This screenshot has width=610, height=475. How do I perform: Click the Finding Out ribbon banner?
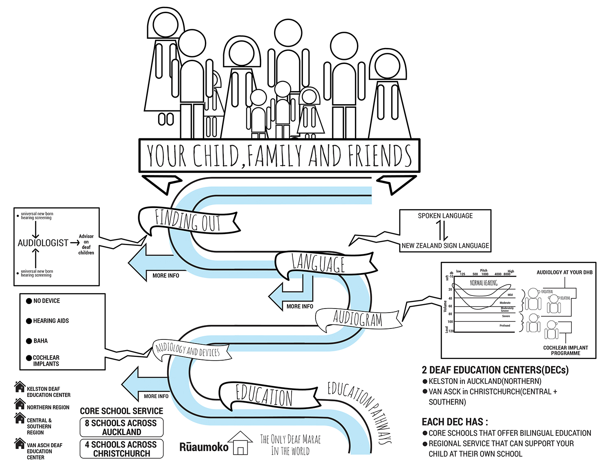coord(188,221)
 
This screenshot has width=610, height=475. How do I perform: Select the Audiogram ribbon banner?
coord(358,319)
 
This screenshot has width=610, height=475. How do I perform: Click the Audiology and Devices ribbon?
coord(188,350)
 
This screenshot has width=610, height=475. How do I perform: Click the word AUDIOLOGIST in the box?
coord(43,243)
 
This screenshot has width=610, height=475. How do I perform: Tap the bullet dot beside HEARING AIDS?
coord(29,321)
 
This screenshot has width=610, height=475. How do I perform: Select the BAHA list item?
coord(40,341)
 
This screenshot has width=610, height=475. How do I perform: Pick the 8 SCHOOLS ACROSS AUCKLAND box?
coord(121,427)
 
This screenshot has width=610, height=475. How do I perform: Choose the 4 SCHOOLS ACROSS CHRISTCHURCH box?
coord(121,449)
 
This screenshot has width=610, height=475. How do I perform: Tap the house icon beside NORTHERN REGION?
coord(20,404)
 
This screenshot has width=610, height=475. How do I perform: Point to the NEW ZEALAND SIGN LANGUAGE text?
coord(445,246)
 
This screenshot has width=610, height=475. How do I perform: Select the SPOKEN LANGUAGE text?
coord(445,216)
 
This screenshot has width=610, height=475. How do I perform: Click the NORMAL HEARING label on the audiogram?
coord(484,283)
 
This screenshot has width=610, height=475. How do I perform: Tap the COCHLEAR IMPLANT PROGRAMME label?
coord(565,350)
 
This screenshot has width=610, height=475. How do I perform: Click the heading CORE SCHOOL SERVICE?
coord(121,411)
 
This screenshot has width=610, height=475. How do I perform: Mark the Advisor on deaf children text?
coord(86,244)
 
